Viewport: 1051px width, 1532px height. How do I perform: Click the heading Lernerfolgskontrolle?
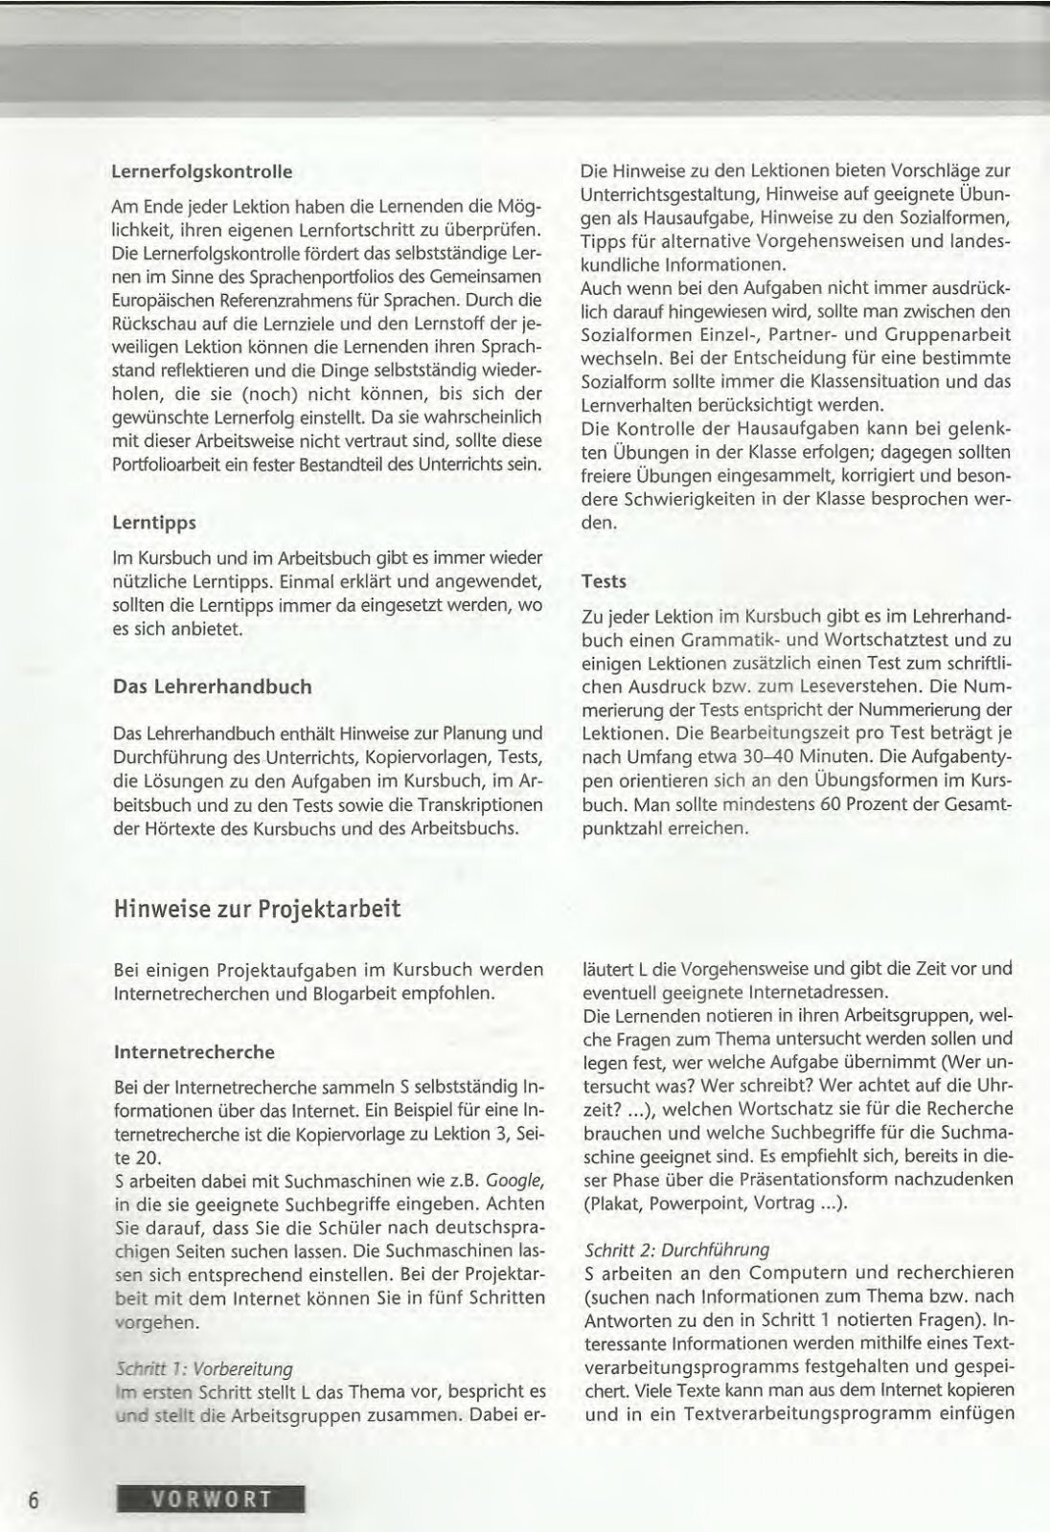click(201, 172)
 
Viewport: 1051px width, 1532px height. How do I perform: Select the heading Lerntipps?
click(154, 523)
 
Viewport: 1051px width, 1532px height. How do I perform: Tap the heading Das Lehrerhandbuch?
click(212, 687)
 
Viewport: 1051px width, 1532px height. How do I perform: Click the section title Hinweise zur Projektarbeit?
click(257, 909)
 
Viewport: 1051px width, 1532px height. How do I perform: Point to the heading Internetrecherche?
click(194, 1051)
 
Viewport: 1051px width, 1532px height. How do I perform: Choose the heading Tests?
click(604, 581)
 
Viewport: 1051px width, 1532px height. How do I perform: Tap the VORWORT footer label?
click(210, 1498)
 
